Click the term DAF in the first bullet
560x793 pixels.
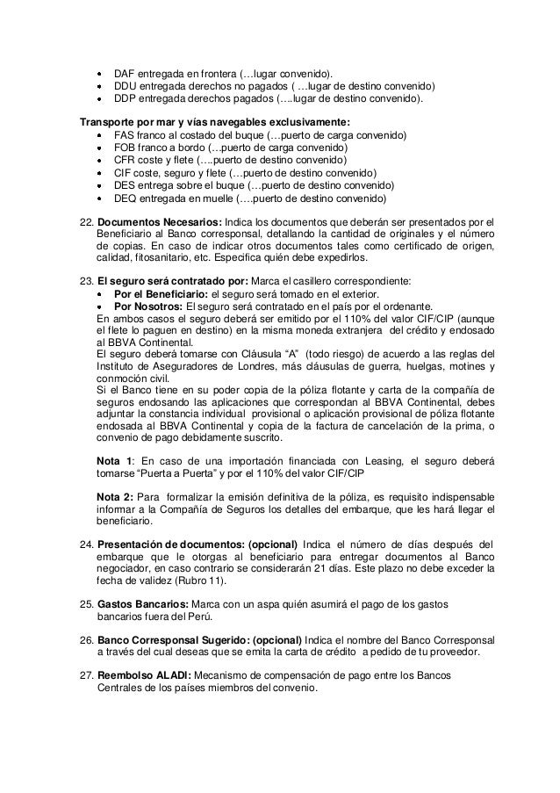[126, 72]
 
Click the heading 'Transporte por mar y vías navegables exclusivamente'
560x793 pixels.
[214, 121]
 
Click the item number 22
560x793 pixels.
[86, 221]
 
